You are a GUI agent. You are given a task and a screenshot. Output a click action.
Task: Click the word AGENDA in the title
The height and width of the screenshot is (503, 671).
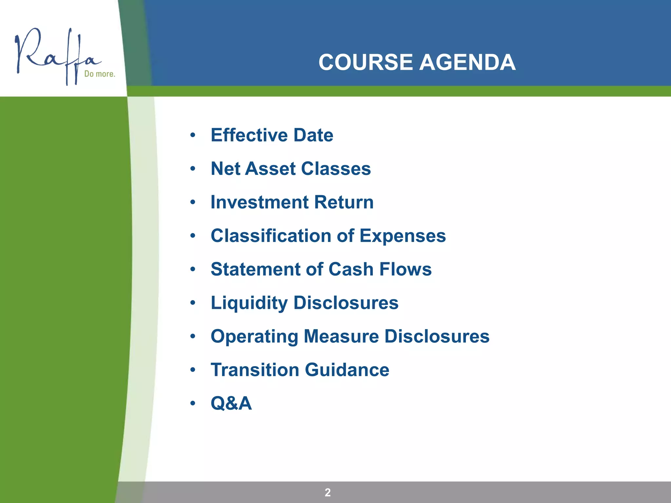(468, 62)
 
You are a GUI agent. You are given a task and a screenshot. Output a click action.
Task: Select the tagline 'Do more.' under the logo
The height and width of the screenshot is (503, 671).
(100, 74)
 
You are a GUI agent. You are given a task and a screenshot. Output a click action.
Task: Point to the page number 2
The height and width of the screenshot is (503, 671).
(328, 492)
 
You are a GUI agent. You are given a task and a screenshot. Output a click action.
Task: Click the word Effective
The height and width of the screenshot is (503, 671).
(249, 135)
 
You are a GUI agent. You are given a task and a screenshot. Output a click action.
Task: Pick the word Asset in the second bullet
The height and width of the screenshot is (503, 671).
(270, 169)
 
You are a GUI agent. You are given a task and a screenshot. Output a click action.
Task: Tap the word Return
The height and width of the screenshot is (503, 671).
(344, 202)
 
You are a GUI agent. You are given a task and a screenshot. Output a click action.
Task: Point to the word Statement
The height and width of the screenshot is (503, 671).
(255, 269)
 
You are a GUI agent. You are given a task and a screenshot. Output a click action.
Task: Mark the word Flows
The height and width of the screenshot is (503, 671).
(405, 269)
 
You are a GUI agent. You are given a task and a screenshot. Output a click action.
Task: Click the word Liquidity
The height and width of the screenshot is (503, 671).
(249, 303)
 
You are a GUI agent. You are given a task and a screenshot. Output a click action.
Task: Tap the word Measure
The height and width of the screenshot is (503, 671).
(341, 336)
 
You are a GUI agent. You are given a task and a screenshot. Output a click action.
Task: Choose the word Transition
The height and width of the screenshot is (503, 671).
(255, 370)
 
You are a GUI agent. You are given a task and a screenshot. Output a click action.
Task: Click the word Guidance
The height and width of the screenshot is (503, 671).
(347, 370)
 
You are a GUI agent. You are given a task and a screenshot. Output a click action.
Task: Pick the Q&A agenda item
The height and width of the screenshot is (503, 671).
(231, 403)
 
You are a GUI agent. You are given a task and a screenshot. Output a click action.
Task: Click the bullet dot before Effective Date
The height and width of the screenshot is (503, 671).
(193, 135)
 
